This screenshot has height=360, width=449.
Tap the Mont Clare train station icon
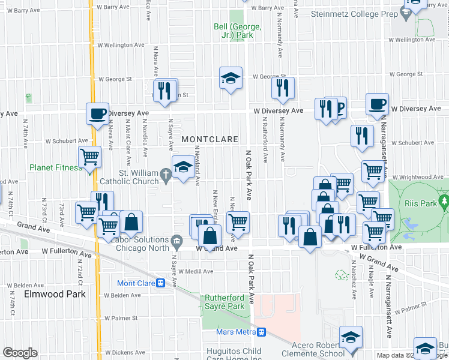pos(160,283)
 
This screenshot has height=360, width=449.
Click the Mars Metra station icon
pos(262,331)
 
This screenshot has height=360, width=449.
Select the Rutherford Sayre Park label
pos(225,302)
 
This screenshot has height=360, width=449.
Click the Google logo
pos(20,353)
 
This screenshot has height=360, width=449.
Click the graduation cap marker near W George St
pos(231,78)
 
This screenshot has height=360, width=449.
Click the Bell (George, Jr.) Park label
pos(237,31)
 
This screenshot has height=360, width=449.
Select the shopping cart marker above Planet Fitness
pos(90,157)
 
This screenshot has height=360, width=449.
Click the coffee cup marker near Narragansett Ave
pos(377,104)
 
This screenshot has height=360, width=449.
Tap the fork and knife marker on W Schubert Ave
pos(362,136)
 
